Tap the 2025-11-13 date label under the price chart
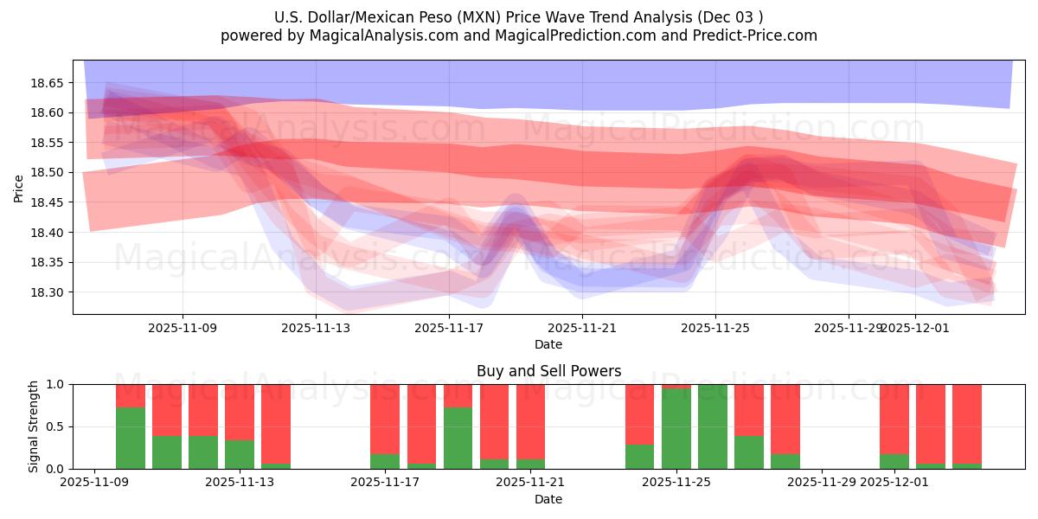click(x=316, y=328)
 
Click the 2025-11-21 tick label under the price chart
click(x=582, y=328)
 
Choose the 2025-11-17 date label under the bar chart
click(x=385, y=483)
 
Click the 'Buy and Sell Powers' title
click(x=548, y=371)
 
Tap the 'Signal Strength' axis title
click(x=34, y=426)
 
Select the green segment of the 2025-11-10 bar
click(x=131, y=438)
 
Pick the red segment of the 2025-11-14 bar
click(x=276, y=424)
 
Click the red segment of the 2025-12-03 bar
click(x=966, y=424)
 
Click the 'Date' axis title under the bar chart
click(x=548, y=499)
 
